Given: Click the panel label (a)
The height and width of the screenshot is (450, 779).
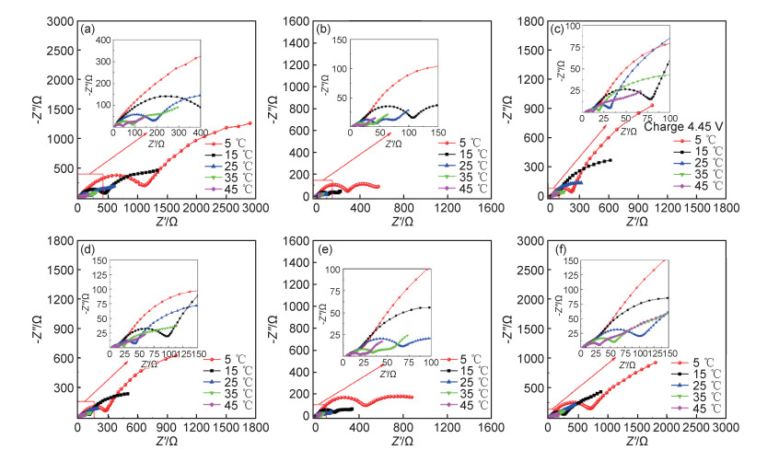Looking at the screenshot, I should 89,29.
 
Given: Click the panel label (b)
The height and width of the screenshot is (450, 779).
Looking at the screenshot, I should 323,29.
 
